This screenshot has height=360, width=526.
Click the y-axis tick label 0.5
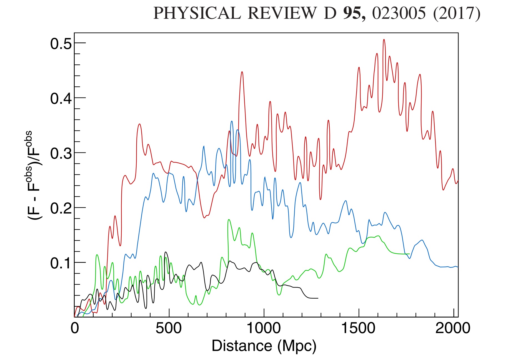[61, 44]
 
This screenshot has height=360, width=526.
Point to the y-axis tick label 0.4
[61, 99]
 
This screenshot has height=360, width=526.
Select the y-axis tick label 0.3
[61, 153]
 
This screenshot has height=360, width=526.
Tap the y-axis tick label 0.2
[61, 208]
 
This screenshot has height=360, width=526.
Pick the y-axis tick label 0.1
[61, 263]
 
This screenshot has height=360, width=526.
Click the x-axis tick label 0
[75, 328]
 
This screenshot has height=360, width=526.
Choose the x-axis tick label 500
[169, 328]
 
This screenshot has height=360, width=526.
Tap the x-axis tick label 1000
[264, 328]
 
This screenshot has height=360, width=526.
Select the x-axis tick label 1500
[358, 328]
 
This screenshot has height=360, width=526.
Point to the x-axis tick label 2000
[453, 328]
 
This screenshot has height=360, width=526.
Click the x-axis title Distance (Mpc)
[264, 346]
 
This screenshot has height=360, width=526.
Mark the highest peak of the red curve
[384, 39]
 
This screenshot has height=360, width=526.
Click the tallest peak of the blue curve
[232, 121]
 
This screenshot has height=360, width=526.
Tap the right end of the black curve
[318, 298]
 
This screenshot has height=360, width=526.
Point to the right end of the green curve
[409, 254]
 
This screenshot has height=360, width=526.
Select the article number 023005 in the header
[399, 13]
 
